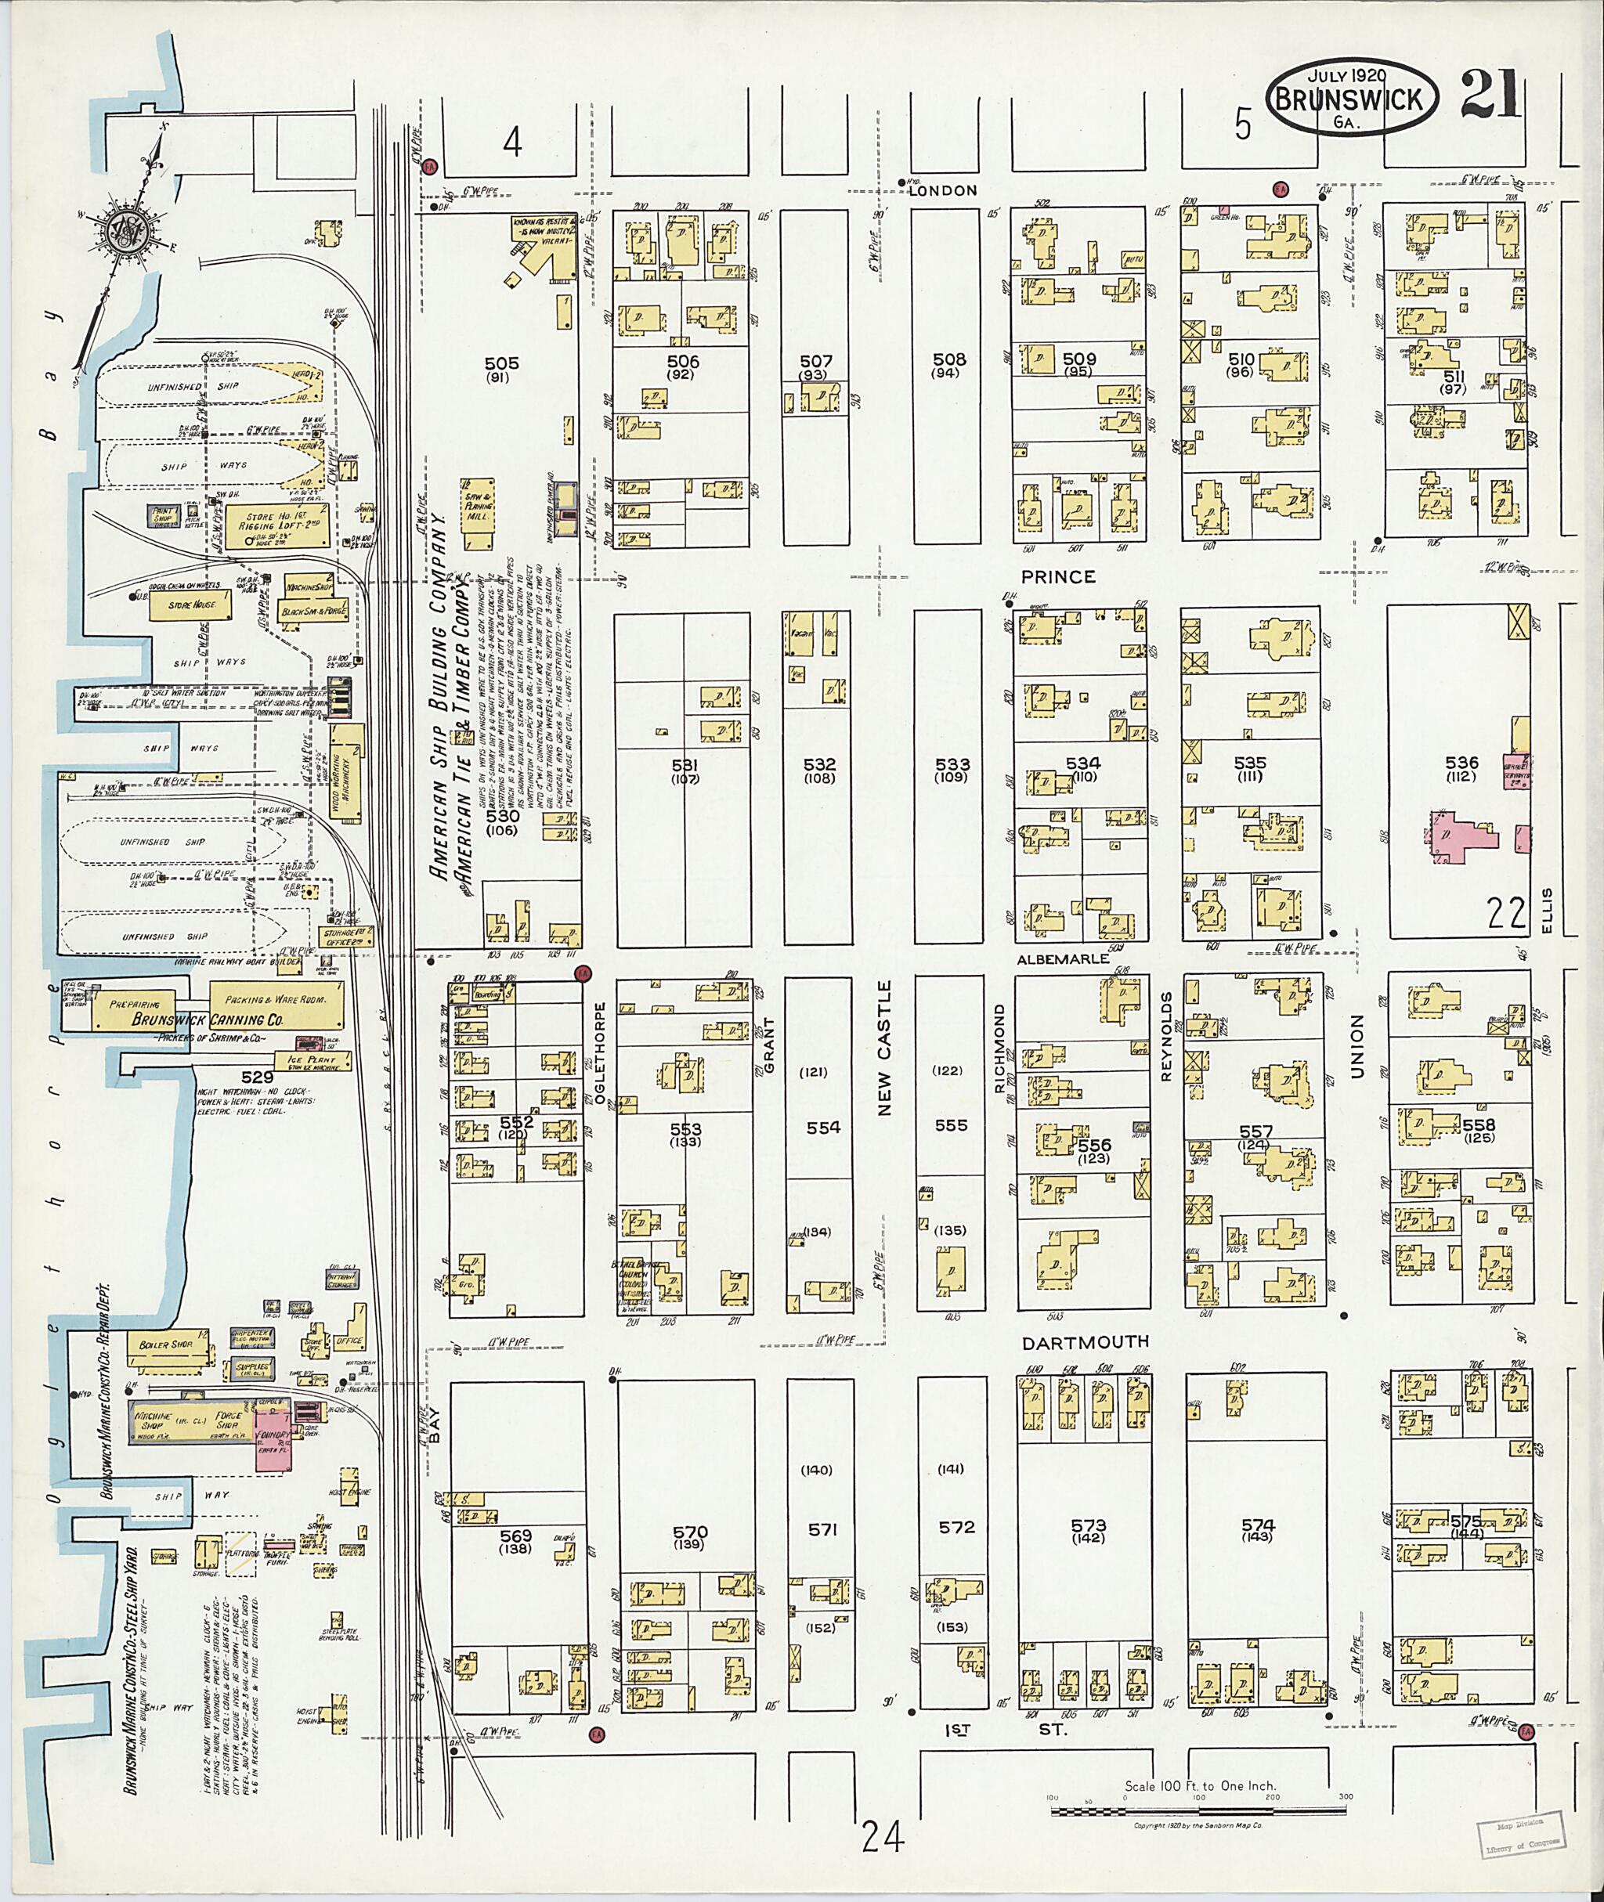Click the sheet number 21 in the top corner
[x=1491, y=96]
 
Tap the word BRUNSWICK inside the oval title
[x=1349, y=99]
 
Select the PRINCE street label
[x=1057, y=576]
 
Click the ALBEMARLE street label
[x=1063, y=958]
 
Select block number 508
[x=948, y=359]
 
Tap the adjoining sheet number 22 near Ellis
[x=1506, y=912]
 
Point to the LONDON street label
[x=942, y=190]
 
